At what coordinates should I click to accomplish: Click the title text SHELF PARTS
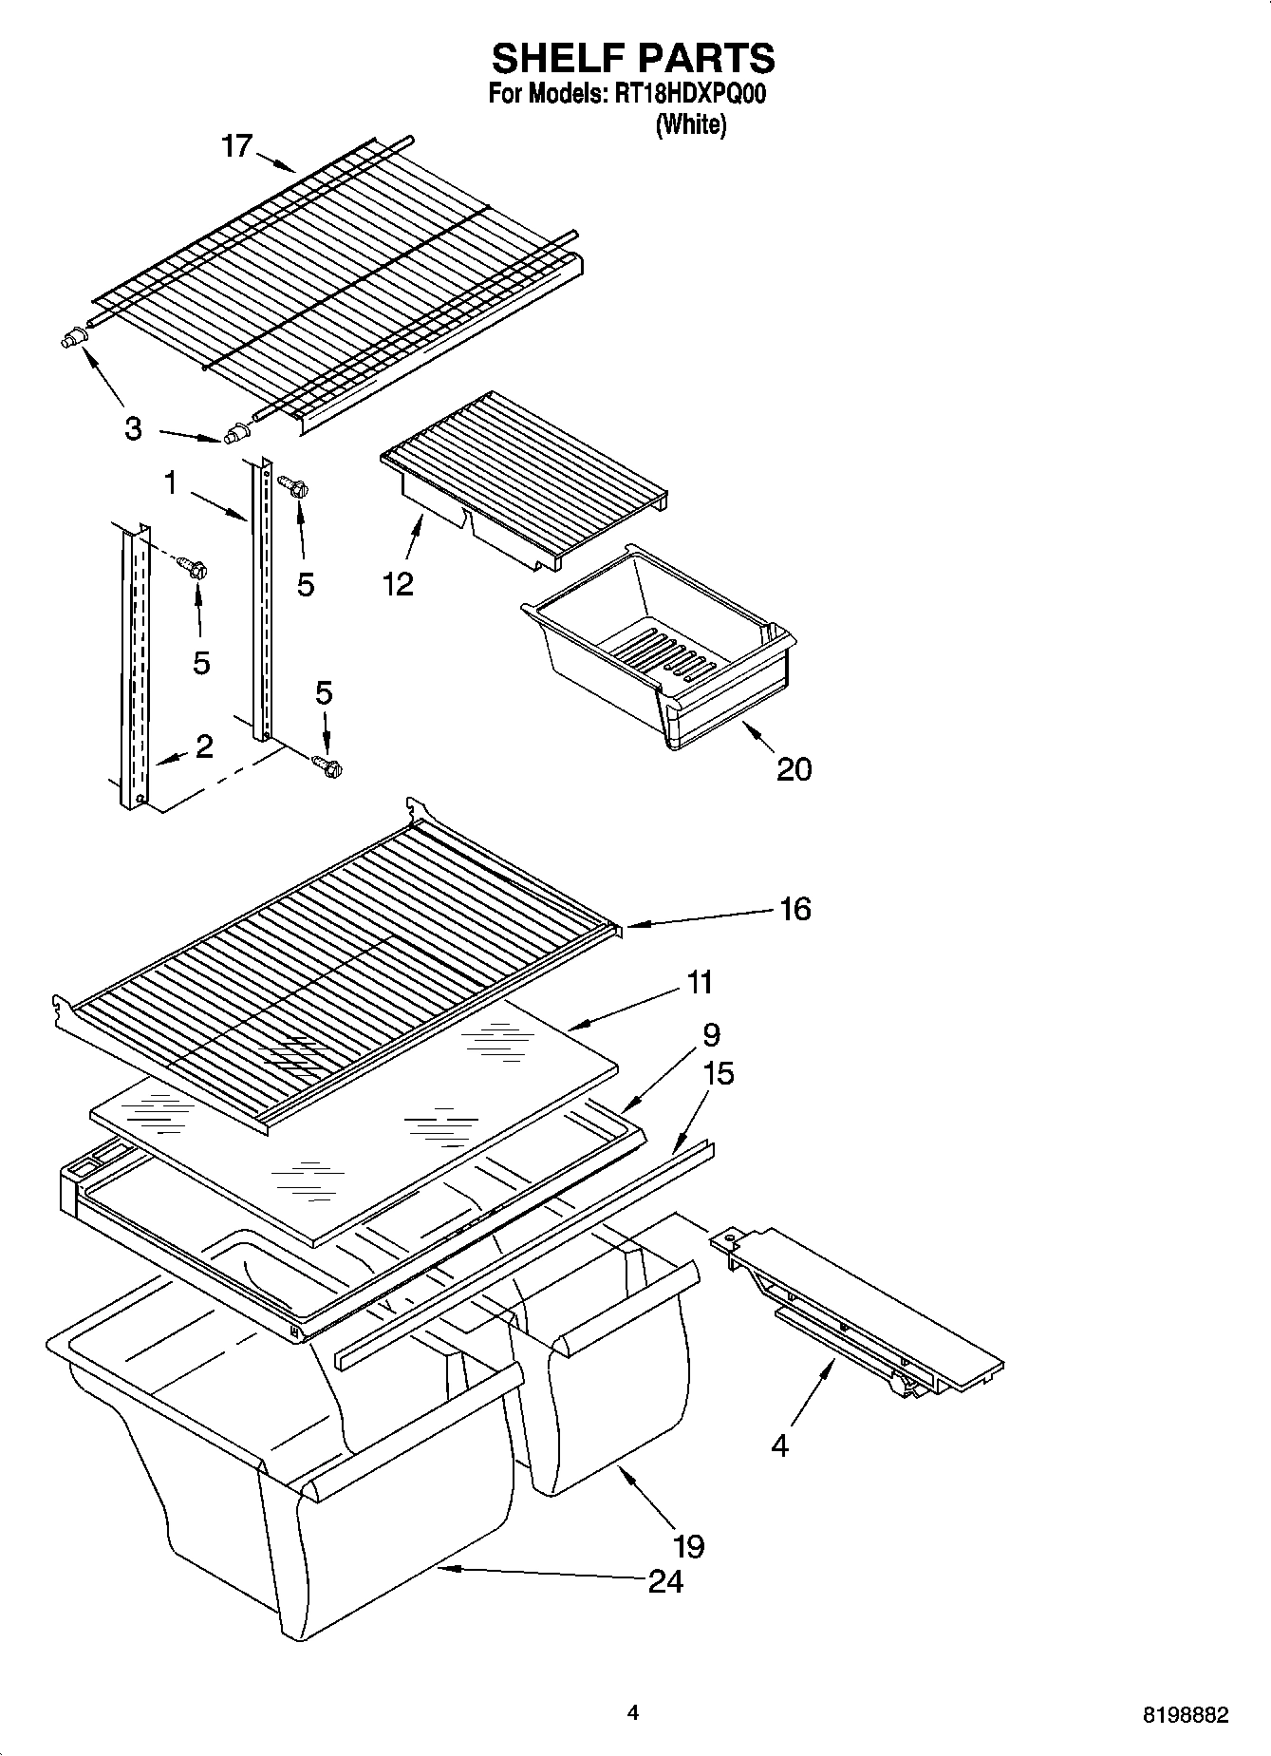click(633, 59)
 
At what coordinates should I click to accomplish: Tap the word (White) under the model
click(690, 124)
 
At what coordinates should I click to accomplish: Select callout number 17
click(237, 145)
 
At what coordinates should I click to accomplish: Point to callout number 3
click(133, 429)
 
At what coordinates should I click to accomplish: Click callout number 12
click(398, 583)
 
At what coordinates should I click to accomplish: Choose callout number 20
click(794, 767)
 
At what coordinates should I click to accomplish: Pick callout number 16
click(794, 909)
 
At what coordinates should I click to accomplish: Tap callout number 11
click(699, 981)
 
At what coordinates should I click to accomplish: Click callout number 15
click(720, 1074)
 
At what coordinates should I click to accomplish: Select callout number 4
click(779, 1446)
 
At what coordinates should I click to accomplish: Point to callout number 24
click(665, 1581)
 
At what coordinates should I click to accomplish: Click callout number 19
click(689, 1546)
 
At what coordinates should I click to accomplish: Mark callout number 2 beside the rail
click(204, 746)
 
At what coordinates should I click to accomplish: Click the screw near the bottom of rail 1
click(327, 763)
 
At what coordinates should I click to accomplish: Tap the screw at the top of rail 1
click(294, 486)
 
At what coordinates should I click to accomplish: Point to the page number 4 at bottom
click(633, 1712)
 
